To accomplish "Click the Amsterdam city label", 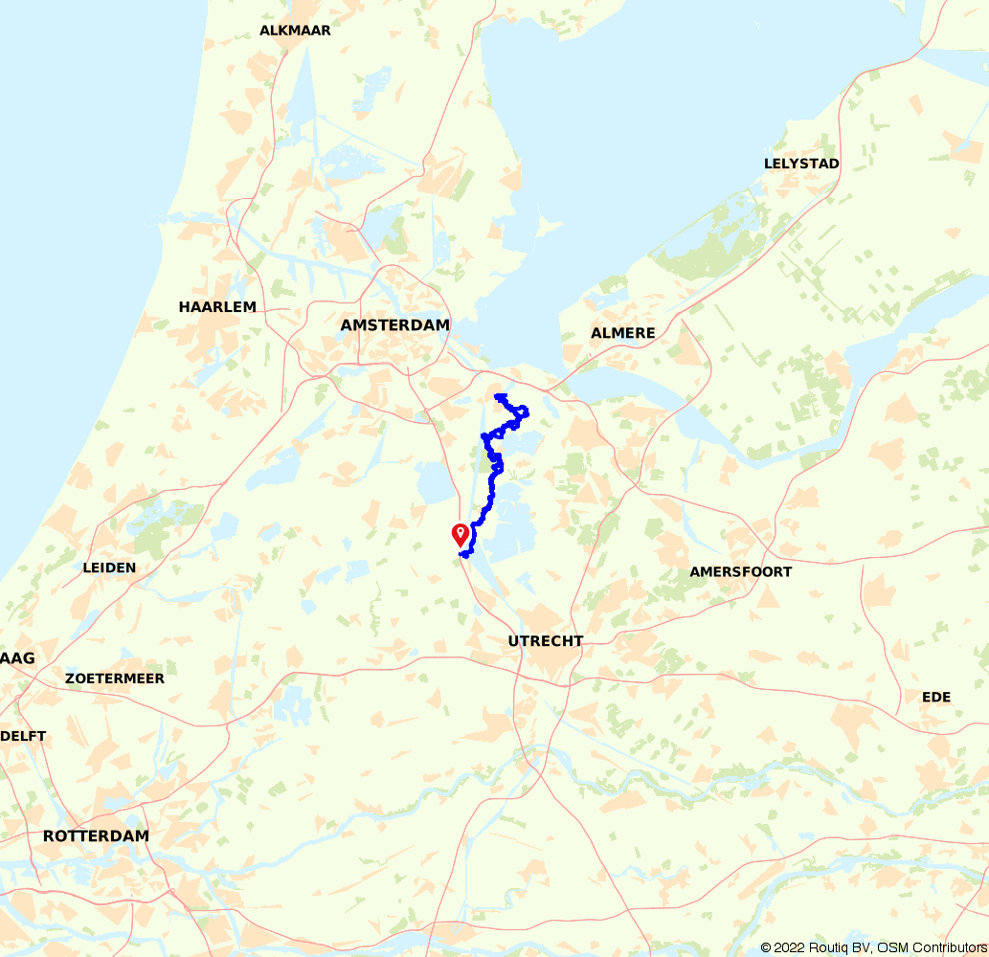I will pos(394,325).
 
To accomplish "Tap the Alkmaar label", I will pos(295,31).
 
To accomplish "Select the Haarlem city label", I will pos(217,307).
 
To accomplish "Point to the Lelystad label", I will pos(801,164).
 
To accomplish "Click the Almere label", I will pos(623,333).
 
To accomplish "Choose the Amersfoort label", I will pos(741,572).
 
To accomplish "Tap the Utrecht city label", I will pos(546,641).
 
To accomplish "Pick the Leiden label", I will pos(110,568).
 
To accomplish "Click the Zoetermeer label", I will pos(115,679).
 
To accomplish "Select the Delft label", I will pos(23,736).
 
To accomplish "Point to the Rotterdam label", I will pos(96,836).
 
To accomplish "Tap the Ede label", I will pos(936,697).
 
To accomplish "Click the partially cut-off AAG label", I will pos(17,658).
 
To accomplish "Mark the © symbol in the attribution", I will pos(766,947).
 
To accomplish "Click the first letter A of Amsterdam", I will pos(347,325).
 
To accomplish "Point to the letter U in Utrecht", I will pos(514,641).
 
